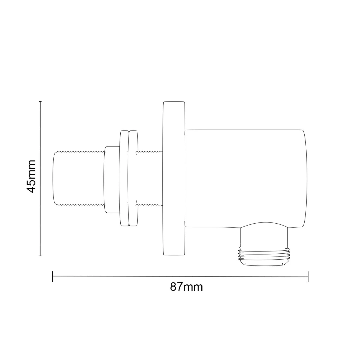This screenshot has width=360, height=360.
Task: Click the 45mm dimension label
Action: point(31,176)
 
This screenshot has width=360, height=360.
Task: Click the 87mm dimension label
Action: point(186,287)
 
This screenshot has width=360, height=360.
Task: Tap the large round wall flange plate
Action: point(174,178)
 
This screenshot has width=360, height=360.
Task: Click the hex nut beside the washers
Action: point(112,179)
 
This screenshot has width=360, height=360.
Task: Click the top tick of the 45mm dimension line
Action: point(40,101)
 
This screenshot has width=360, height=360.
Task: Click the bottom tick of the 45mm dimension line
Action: point(40,255)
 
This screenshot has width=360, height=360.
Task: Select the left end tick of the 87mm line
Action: point(53,276)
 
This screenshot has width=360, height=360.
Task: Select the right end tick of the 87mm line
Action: point(309,276)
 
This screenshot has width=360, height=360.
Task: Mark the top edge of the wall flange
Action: point(174,102)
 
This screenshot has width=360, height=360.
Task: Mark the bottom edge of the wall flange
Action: point(174,255)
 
